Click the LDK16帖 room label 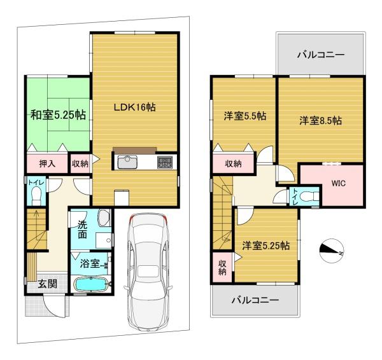tap(135, 107)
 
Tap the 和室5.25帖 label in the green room tap(58, 114)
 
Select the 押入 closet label tap(47, 163)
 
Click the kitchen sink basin tap(127, 162)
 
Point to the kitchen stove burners tap(165, 162)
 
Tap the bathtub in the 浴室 tap(90, 284)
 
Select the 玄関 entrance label tap(48, 284)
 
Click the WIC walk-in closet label tap(338, 183)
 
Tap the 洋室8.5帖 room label tap(320, 120)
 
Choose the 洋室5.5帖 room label tap(245, 116)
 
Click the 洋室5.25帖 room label tap(266, 246)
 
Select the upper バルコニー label tap(321, 55)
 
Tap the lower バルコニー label tap(255, 300)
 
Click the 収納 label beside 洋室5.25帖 tap(222, 268)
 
